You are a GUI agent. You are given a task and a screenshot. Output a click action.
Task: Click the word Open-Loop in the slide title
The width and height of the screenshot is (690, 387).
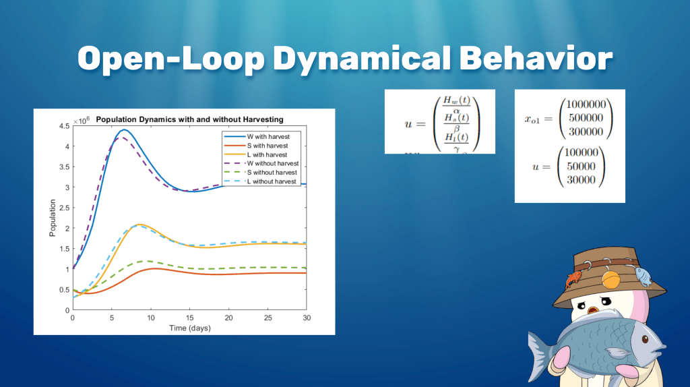pyautogui.click(x=170, y=59)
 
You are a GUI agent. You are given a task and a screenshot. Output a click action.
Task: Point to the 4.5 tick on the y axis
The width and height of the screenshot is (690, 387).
pyautogui.click(x=63, y=125)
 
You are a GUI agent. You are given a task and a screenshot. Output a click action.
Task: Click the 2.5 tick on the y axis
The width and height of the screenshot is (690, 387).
pyautogui.click(x=63, y=208)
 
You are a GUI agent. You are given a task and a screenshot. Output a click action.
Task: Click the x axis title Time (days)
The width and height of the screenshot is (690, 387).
pyautogui.click(x=189, y=328)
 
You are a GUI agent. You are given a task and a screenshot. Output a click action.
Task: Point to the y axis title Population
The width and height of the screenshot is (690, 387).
pyautogui.click(x=52, y=217)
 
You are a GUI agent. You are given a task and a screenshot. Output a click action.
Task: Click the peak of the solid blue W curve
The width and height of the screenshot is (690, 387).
pyautogui.click(x=124, y=129)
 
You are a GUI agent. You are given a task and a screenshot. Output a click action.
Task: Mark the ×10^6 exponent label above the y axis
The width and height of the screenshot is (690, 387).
pyautogui.click(x=82, y=119)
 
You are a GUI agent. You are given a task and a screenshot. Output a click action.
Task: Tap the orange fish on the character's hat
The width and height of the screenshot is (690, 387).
pyautogui.click(x=573, y=278)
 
